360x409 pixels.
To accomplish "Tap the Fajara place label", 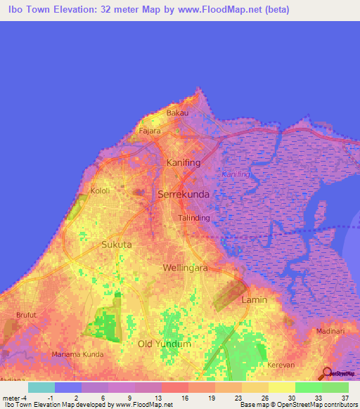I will (150, 131).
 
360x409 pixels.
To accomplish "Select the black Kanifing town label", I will (183, 163).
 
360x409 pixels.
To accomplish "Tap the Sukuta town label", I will (117, 245).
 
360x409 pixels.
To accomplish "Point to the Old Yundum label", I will (165, 344).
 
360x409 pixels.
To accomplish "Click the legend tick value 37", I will (344, 397).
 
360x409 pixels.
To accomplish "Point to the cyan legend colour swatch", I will (41, 387).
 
